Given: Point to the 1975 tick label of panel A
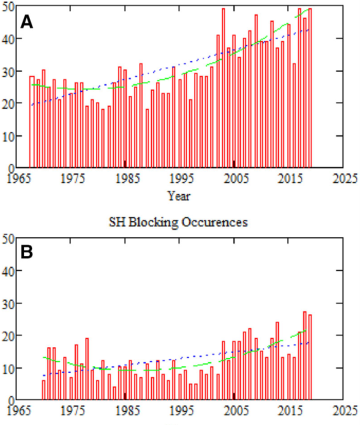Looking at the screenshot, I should point(70,178).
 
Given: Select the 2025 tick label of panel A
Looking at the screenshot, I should point(344,178).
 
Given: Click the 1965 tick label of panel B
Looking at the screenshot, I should point(16,410).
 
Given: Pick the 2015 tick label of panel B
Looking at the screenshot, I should point(289,410).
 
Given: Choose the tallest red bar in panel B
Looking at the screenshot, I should point(305,356).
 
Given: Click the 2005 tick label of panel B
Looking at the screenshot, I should point(235,410).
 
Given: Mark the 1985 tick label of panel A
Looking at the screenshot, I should point(125,178).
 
